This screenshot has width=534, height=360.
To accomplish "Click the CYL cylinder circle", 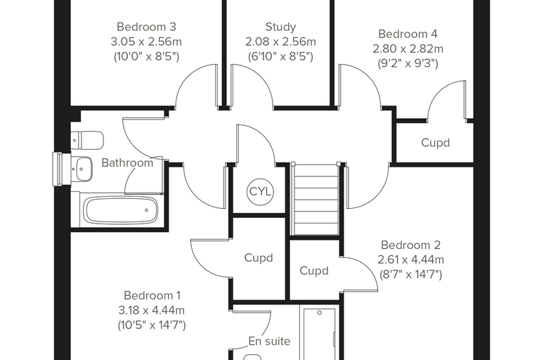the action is (260, 191).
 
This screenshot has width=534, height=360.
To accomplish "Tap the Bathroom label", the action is (127, 163).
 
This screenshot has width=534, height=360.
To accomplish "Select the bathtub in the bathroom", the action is (121, 210).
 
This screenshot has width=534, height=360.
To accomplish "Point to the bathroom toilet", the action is (87, 140).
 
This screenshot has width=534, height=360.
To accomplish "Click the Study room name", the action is (280, 27).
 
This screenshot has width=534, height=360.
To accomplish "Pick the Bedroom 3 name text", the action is (146, 27).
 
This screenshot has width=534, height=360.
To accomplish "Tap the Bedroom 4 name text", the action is (408, 34).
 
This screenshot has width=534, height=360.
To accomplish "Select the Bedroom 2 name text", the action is (411, 245).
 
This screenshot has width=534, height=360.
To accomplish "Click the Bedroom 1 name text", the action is (152, 295).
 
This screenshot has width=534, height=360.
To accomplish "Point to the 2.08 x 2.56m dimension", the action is (280, 41).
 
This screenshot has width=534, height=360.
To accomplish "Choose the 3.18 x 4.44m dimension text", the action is (152, 310).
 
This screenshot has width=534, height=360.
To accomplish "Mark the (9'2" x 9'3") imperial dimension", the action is (408, 63).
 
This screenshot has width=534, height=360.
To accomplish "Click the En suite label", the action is (269, 341).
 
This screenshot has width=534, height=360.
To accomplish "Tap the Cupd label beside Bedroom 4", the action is (435, 143).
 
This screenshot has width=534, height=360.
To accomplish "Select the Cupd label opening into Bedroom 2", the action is (314, 271).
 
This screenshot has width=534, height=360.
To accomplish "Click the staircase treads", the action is (316, 200).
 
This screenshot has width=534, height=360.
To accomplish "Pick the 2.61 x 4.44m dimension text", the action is (411, 259).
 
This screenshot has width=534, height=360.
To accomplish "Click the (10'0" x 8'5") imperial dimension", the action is (146, 56).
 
